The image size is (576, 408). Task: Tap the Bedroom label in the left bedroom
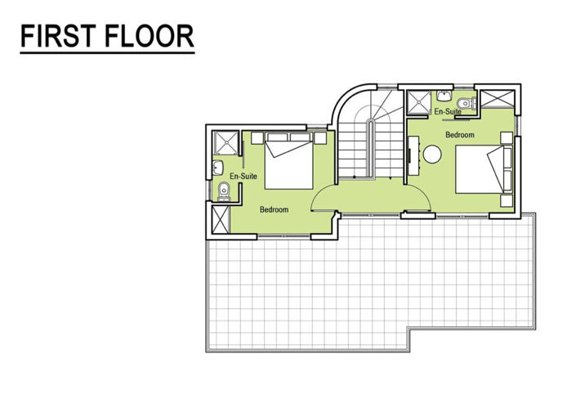(274, 210)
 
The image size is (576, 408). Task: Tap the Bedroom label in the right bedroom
(459, 134)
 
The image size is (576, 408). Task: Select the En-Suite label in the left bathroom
(244, 176)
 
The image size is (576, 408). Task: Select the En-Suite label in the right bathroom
(446, 111)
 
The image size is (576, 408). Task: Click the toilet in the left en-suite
(224, 192)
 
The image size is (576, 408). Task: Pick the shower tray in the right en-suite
(418, 101)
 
